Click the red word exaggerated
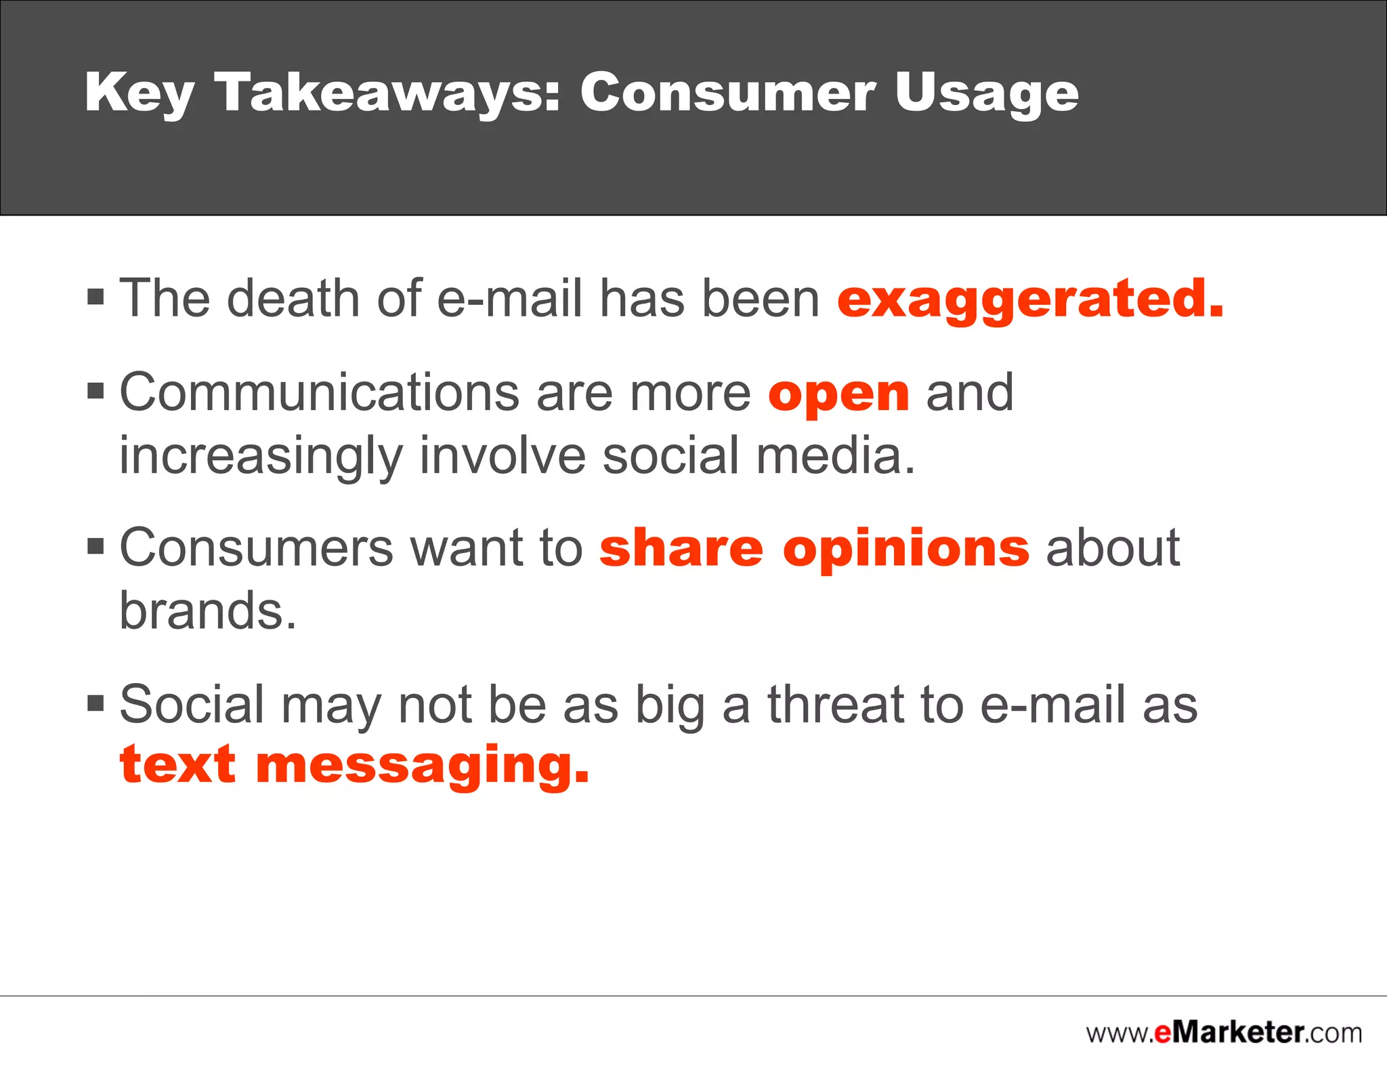[1030, 299]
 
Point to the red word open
[838, 394]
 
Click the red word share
[681, 548]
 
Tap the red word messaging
[422, 766]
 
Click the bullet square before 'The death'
[95, 297]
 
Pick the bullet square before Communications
[95, 391]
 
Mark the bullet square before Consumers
[95, 546]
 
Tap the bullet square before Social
[95, 703]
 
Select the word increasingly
[261, 457]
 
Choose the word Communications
[320, 393]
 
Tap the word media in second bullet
[835, 455]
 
